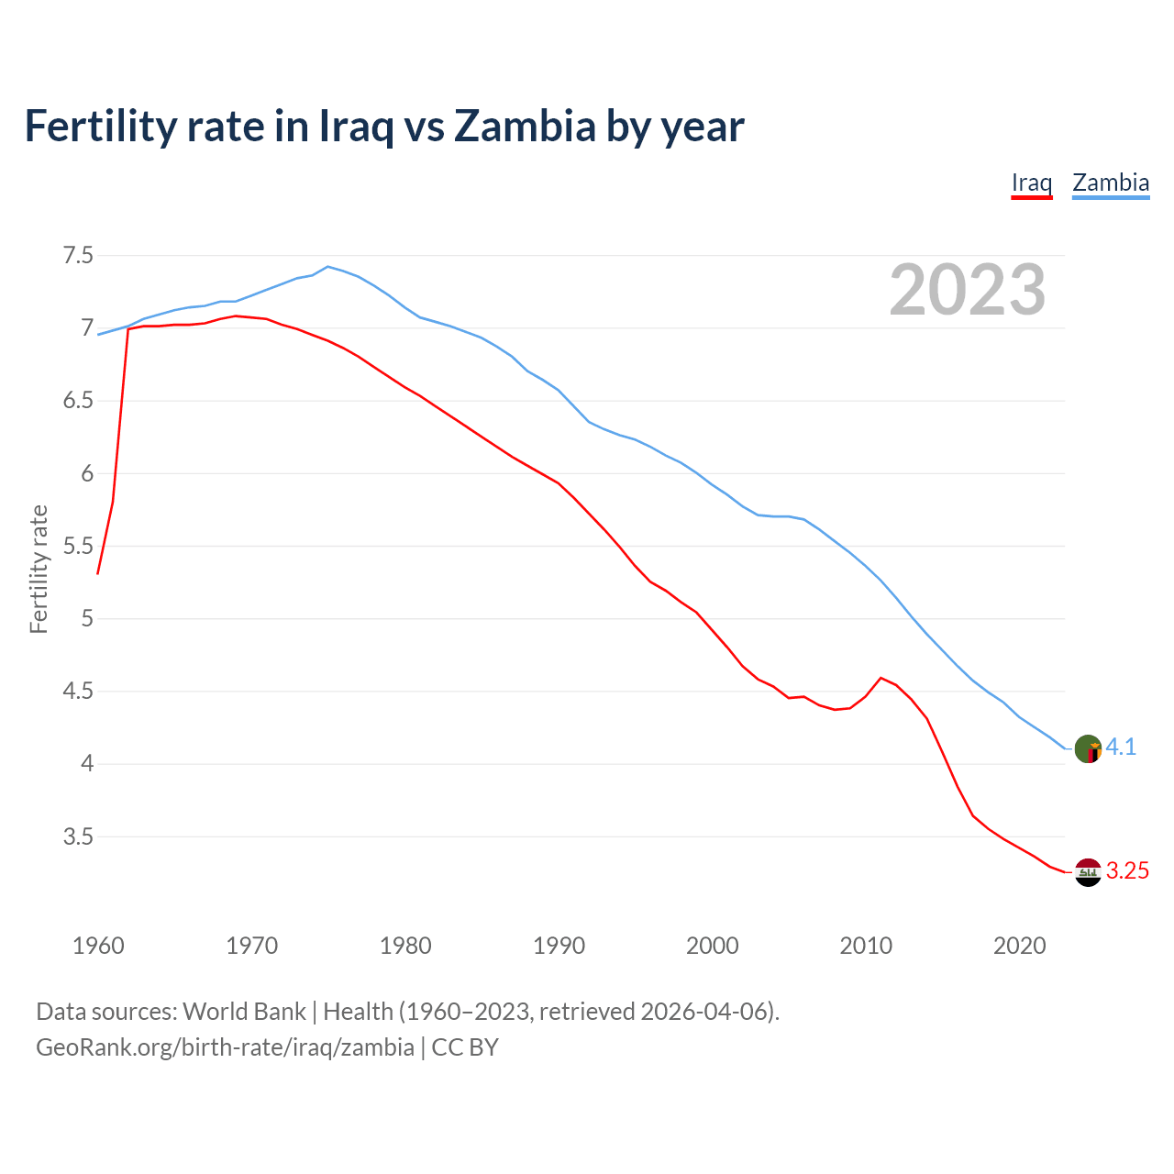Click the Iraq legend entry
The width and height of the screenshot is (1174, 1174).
click(1031, 183)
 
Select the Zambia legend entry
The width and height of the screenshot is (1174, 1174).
click(1111, 183)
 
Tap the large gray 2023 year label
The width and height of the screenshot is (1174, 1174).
click(968, 290)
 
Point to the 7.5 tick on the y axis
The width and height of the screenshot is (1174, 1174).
click(78, 256)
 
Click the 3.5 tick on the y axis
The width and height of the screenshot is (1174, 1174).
click(78, 836)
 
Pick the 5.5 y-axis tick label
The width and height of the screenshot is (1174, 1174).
click(78, 547)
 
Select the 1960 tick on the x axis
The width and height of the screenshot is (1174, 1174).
click(98, 946)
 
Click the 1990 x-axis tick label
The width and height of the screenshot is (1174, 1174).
click(559, 946)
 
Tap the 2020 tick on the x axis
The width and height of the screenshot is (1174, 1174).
click(1019, 946)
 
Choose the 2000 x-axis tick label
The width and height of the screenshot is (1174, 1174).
click(712, 946)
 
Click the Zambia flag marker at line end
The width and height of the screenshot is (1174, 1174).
click(1088, 748)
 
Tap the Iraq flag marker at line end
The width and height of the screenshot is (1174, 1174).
click(1088, 872)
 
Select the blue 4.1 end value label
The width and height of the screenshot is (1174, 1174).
click(1121, 748)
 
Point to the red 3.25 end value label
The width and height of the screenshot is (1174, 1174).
click(1127, 871)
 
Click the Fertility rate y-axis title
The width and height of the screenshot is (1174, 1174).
click(39, 569)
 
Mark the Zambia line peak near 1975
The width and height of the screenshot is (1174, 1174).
click(328, 266)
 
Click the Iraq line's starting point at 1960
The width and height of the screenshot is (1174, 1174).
click(98, 573)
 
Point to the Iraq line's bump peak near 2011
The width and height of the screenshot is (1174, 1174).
click(880, 678)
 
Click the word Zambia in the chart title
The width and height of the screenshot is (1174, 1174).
click(525, 126)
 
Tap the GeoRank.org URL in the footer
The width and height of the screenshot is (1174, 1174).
click(225, 1047)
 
